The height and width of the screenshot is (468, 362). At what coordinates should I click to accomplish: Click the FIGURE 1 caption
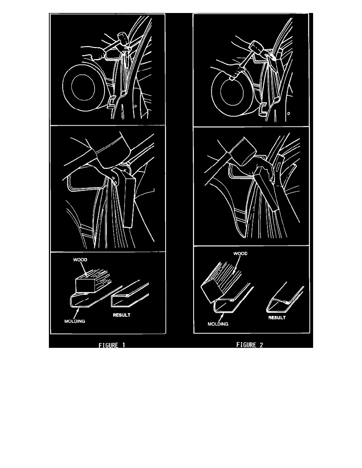tap(112, 345)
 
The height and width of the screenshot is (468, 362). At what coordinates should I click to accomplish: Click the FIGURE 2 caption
tap(250, 345)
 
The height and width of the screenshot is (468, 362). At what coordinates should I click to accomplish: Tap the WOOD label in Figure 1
tap(80, 260)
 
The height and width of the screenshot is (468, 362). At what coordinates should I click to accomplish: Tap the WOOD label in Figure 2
tap(241, 253)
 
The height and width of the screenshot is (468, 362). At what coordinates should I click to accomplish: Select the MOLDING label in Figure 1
tap(75, 321)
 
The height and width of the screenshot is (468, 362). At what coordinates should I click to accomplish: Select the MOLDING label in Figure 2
tap(218, 324)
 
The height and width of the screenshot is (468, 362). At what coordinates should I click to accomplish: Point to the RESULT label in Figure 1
tap(121, 315)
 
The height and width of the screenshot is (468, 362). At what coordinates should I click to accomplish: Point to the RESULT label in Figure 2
tap(277, 318)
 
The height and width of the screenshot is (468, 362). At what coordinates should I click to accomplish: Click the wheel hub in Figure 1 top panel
tap(83, 87)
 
